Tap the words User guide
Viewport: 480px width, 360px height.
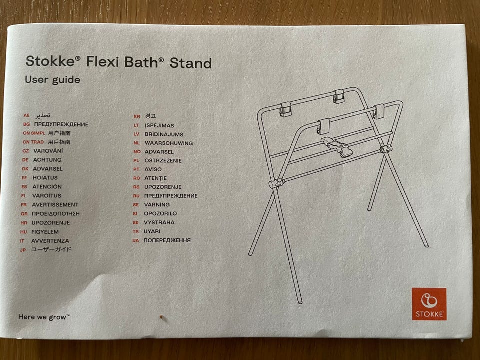click(x=52, y=80)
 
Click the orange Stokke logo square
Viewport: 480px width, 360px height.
click(x=429, y=304)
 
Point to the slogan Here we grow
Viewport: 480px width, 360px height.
click(x=44, y=317)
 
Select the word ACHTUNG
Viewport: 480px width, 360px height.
click(x=47, y=160)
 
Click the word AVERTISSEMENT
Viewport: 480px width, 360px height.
click(x=55, y=205)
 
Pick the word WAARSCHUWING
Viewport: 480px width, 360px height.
click(x=169, y=143)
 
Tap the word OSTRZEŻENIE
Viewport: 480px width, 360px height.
click(x=163, y=160)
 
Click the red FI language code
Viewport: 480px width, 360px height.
click(x=23, y=196)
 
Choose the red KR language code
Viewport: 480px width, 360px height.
click(x=137, y=116)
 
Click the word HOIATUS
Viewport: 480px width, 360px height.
click(x=45, y=178)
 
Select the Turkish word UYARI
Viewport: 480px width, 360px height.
click(x=152, y=231)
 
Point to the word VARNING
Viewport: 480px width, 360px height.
click(x=157, y=205)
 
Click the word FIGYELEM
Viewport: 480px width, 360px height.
click(x=45, y=232)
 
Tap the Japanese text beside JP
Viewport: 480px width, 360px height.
click(x=51, y=249)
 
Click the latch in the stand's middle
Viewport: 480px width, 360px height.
click(x=337, y=147)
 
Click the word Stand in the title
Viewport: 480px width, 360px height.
click(x=190, y=63)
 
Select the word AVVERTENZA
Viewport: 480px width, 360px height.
click(x=50, y=241)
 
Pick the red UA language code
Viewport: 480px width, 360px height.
click(x=136, y=241)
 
